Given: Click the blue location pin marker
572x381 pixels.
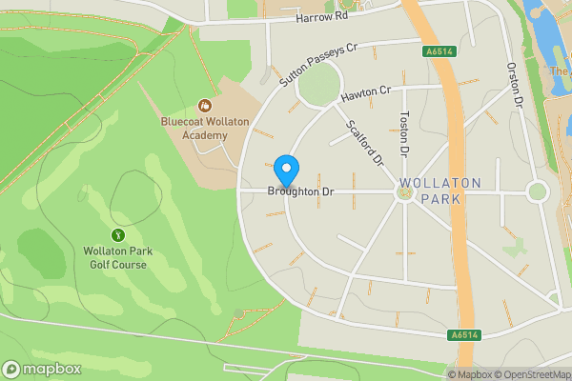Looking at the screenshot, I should pos(286,170).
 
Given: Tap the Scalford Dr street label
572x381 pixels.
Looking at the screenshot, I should pos(364,140).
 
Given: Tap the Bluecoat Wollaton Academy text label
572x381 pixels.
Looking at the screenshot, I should pos(205,128).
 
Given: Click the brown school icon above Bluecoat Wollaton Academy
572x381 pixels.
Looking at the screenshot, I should pos(203,105).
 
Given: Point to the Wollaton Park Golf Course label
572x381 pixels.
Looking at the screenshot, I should pos(118,257).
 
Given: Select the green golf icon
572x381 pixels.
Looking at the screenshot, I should pos(118,234).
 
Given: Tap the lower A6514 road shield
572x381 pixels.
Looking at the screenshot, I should pos(463,335).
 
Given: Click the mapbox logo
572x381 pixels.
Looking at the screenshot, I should pos(42,370).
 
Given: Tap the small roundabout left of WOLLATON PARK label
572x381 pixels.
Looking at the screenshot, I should pos(404,192).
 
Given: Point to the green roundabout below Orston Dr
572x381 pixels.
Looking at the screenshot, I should pos(538,191).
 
